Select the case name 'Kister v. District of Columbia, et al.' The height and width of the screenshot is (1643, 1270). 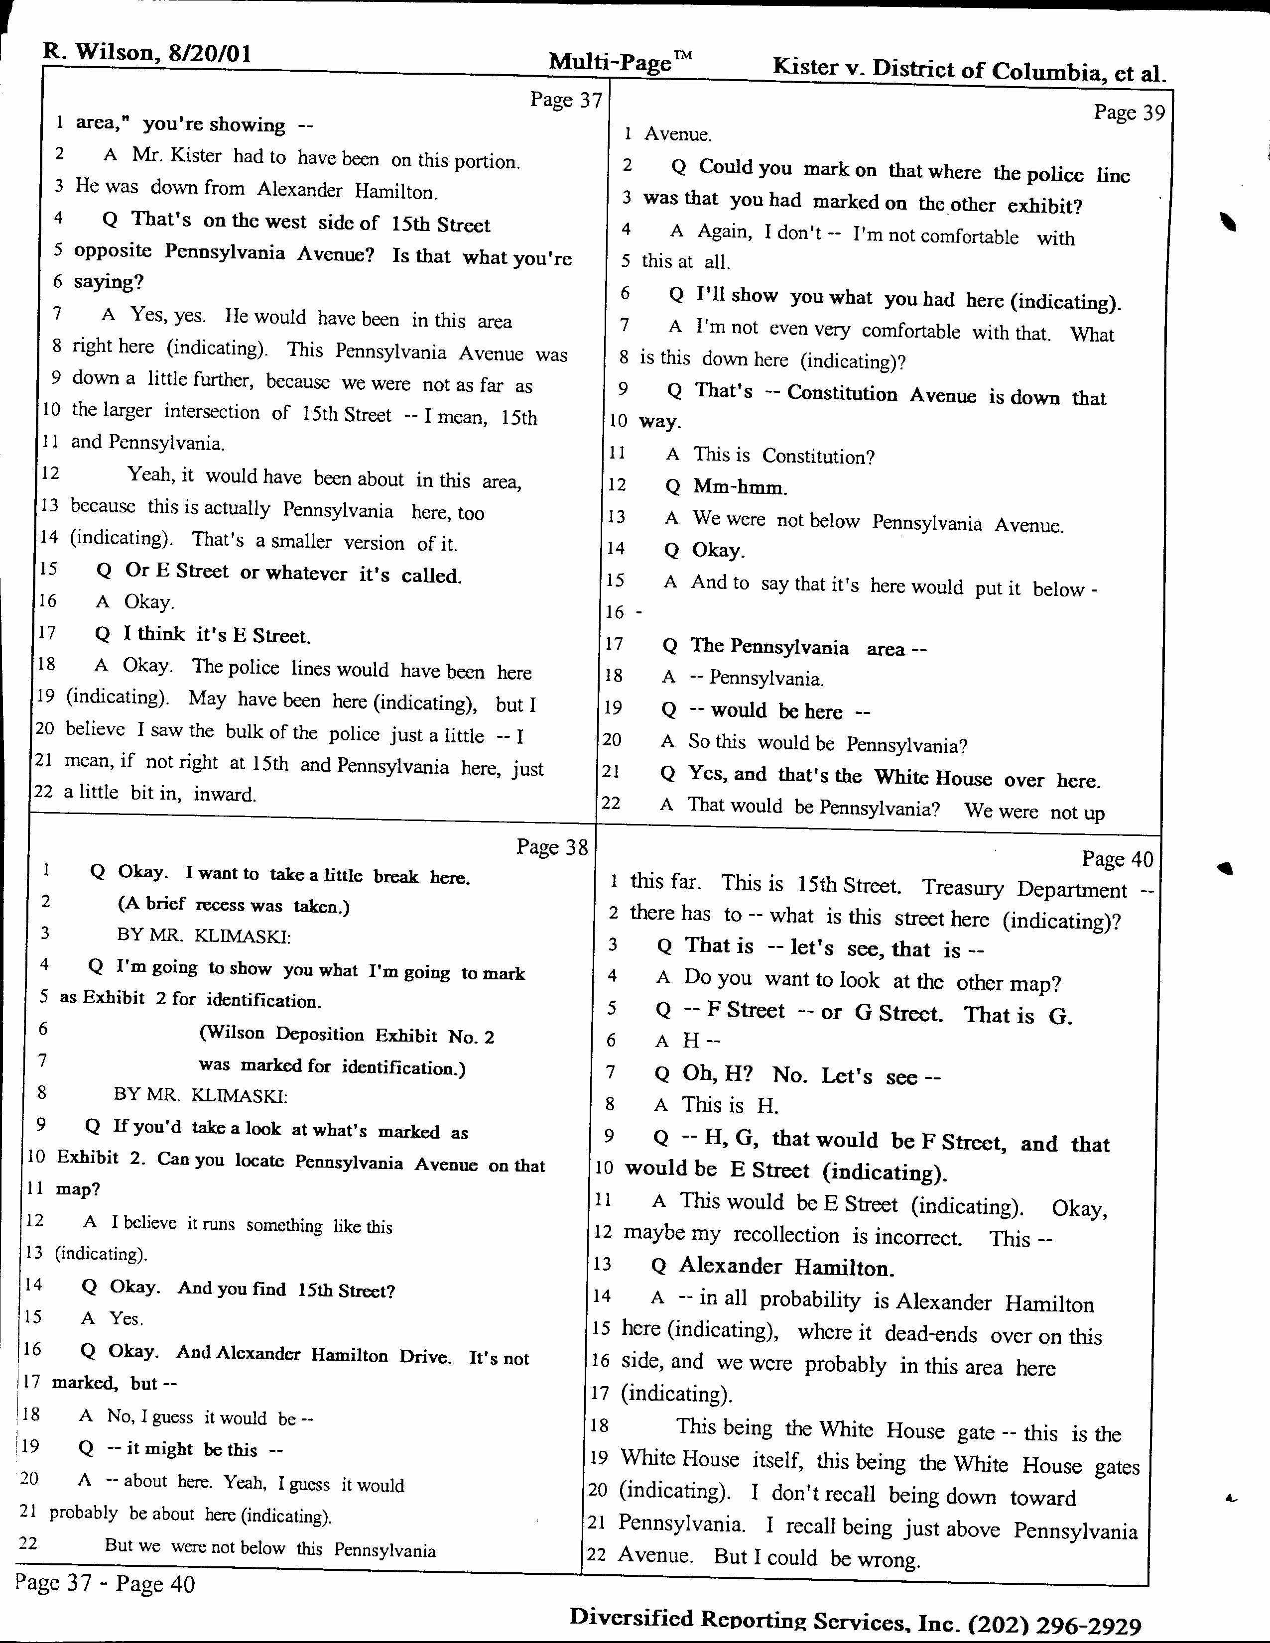(969, 70)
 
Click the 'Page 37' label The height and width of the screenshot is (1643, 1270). (566, 100)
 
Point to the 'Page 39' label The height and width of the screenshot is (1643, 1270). (1129, 113)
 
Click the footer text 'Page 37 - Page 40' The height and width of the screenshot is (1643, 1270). (105, 1584)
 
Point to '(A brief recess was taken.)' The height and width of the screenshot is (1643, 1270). (233, 905)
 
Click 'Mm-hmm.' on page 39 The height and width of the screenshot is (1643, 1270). (740, 487)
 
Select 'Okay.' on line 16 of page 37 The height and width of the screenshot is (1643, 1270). (149, 602)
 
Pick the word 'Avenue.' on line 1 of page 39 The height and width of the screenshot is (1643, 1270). (678, 134)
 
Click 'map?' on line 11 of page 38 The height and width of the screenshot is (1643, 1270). (78, 1189)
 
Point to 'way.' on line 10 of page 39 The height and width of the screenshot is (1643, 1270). (660, 422)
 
